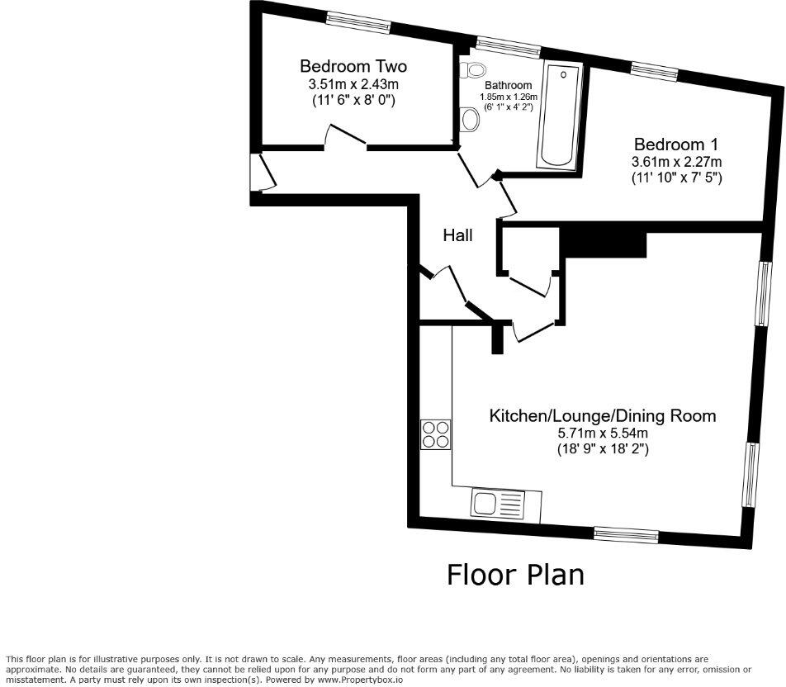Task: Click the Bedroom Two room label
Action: coord(353,66)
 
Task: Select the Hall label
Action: coord(457,235)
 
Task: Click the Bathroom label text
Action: coord(508,85)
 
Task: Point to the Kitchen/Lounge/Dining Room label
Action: coord(603,415)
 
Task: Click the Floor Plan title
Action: coord(515,574)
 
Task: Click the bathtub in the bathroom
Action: coord(560,116)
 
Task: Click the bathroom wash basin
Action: coord(471,121)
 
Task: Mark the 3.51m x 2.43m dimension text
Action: coord(353,84)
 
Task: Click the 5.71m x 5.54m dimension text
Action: coord(603,433)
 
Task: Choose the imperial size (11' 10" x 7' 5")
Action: coord(676,178)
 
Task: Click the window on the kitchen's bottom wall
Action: coord(626,534)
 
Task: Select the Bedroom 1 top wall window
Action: coord(655,73)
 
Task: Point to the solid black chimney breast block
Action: coord(604,243)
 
